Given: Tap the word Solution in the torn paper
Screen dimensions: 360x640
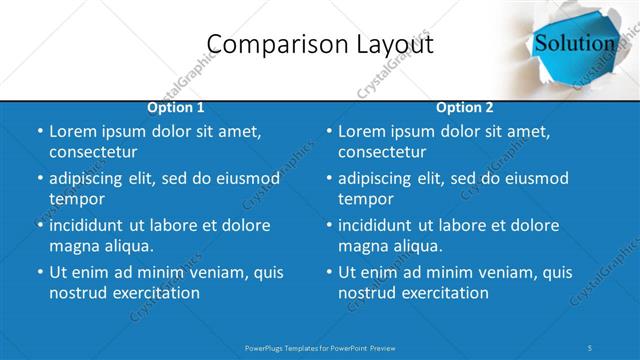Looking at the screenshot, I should pyautogui.click(x=574, y=43).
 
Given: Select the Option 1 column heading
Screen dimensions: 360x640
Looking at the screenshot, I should pyautogui.click(x=176, y=107).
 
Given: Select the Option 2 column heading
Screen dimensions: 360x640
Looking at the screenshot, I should pyautogui.click(x=465, y=107).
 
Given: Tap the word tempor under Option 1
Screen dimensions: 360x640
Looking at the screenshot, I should pyautogui.click(x=75, y=199).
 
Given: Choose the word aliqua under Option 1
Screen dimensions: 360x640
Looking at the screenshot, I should pyautogui.click(x=126, y=246).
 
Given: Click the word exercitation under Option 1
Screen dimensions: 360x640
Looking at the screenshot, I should pyautogui.click(x=155, y=293).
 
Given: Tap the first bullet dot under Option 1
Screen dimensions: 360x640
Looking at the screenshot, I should pyautogui.click(x=40, y=132).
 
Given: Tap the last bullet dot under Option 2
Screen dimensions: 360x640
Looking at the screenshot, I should pyautogui.click(x=329, y=272).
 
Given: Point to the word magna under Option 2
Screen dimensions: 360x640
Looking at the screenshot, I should pyautogui.click(x=363, y=246).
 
